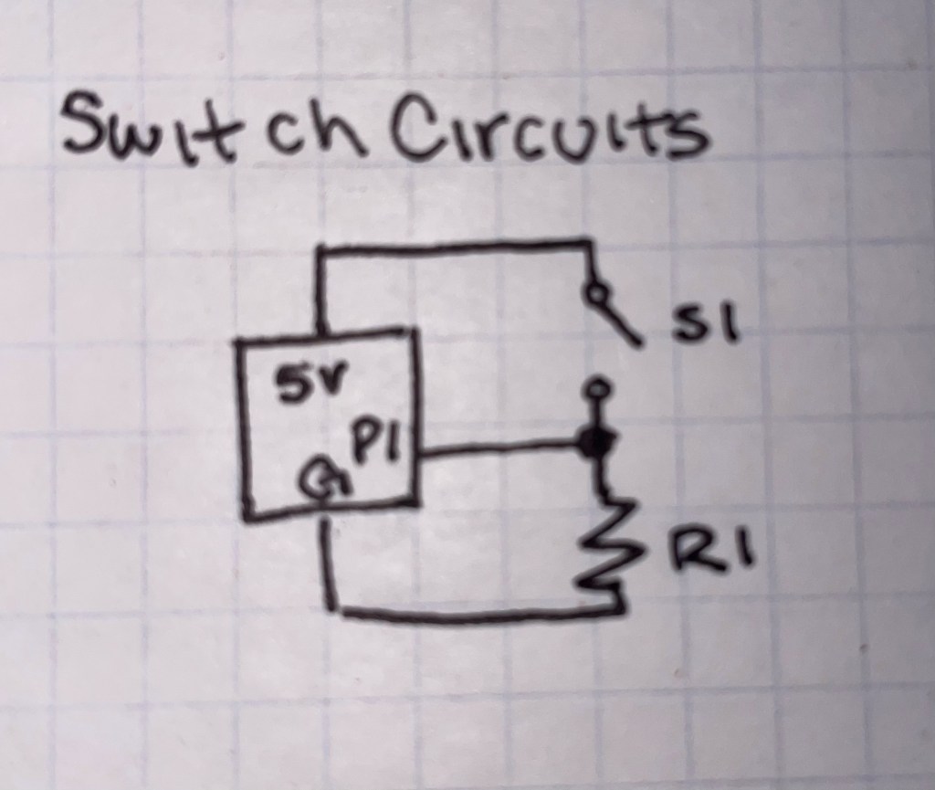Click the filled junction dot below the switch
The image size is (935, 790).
tap(597, 445)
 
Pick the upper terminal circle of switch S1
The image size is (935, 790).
tap(595, 293)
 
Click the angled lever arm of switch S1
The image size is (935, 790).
tap(621, 320)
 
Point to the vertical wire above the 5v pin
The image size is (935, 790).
tap(320, 292)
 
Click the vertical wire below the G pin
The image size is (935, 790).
tap(330, 566)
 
